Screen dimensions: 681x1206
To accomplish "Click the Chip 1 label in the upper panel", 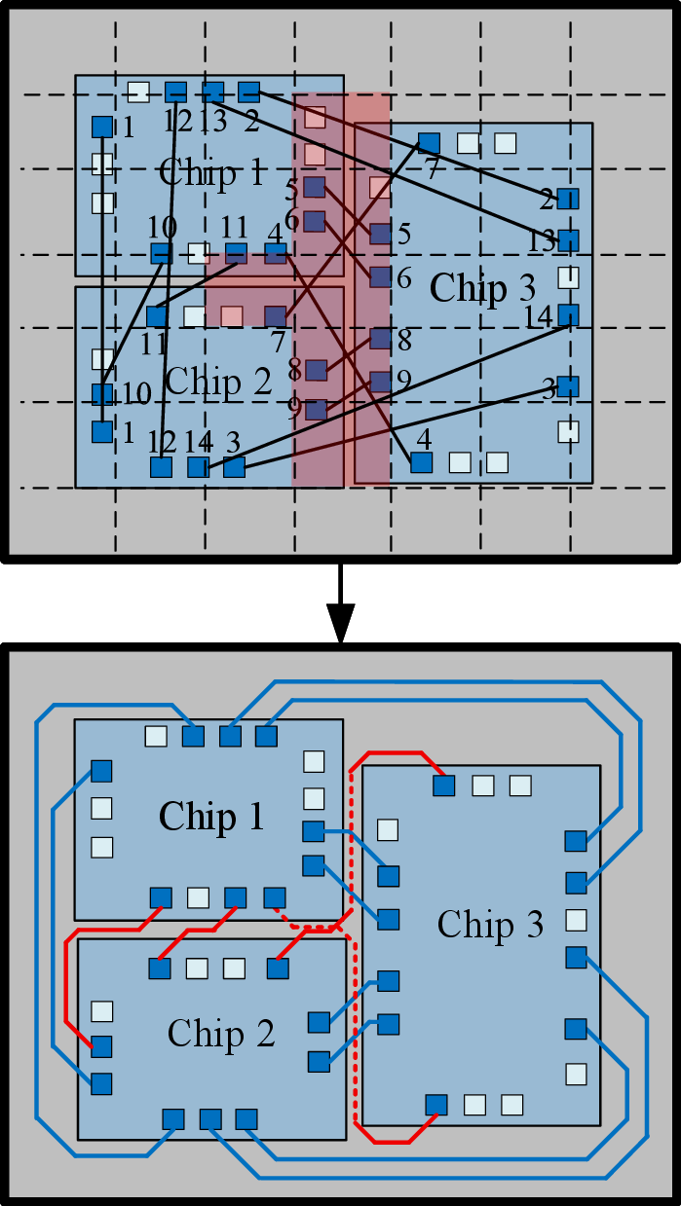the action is coord(211,173).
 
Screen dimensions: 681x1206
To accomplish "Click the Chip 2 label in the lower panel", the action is coord(221,1033).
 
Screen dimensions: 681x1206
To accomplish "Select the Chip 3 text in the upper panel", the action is coord(482,288).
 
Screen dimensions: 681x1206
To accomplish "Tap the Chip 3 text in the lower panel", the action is coord(490,925).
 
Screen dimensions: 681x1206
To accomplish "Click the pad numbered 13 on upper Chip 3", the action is coord(568,240).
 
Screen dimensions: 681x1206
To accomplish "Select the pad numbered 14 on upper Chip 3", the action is coord(568,315).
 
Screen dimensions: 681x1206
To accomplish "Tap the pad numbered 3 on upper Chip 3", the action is coord(568,386).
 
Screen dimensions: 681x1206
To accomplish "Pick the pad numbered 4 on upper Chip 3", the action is coord(421,462).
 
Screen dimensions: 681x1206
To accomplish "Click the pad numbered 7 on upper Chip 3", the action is coord(429,144).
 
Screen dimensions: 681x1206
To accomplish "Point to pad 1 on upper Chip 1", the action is coord(102,128).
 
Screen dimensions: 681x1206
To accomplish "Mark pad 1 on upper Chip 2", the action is coord(102,432).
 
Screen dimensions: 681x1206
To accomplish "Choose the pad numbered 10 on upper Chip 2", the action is coord(102,394).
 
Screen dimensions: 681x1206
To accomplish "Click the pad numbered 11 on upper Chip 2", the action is coord(157,316).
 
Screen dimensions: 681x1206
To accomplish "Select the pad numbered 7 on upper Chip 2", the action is coord(276,316).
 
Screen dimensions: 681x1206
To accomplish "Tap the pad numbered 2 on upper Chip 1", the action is coord(248,92).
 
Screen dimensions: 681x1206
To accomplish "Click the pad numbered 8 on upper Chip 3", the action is coord(380,339).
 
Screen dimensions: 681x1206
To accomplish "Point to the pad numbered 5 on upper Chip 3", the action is coord(380,235).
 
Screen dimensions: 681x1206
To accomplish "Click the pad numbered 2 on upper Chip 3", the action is coord(568,199).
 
